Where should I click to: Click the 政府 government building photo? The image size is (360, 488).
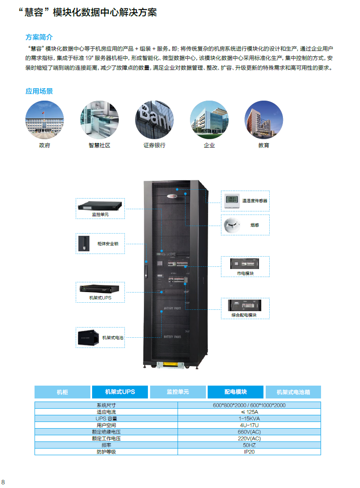tap(44, 120)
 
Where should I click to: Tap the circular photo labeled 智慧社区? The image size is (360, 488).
tap(99, 120)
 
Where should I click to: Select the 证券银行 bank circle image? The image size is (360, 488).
tap(154, 120)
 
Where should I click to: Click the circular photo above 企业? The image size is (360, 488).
tap(209, 120)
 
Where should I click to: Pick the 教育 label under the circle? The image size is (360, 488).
tap(263, 145)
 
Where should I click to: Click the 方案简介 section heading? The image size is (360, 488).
tap(39, 37)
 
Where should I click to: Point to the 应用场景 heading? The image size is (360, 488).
tap(39, 91)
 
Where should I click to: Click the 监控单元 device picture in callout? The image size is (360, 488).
tap(100, 206)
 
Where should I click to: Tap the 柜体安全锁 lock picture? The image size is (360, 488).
tap(83, 243)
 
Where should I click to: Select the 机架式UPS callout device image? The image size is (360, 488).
tap(100, 289)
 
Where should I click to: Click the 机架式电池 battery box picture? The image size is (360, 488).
tap(89, 337)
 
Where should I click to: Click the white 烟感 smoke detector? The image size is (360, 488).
tap(233, 225)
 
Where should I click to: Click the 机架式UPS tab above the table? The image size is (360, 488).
tap(120, 392)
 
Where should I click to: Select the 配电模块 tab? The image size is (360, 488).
tap(236, 392)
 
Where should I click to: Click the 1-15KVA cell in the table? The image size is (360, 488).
tap(249, 418)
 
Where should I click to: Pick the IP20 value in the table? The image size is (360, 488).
tap(249, 452)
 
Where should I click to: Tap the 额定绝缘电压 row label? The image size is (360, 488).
tap(106, 432)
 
